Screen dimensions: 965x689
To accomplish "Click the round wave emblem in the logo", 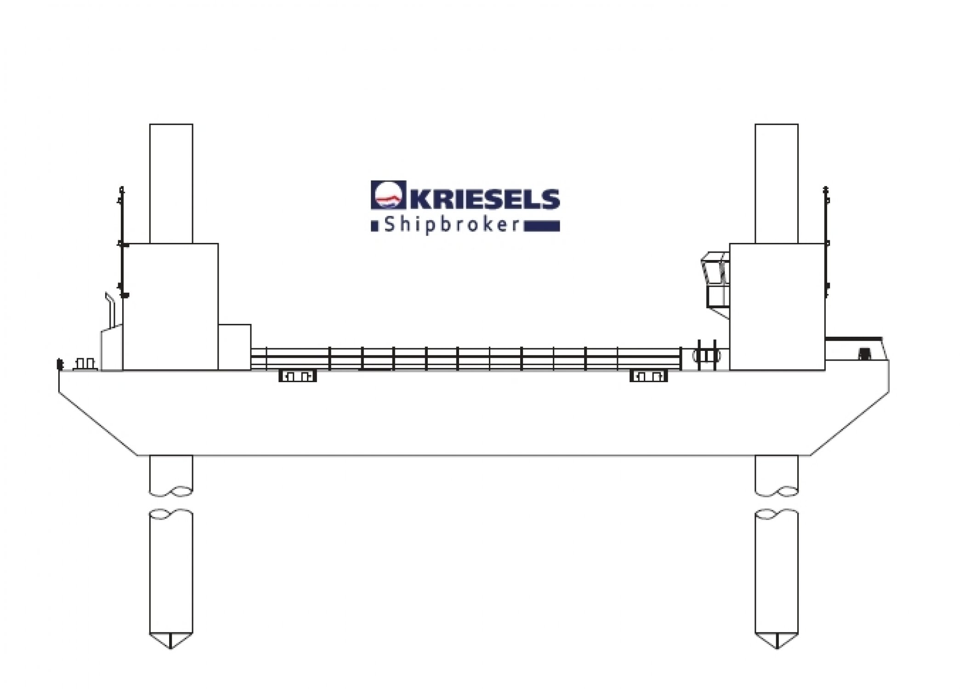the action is click(388, 195).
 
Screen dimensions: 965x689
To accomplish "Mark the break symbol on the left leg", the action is click(171, 503).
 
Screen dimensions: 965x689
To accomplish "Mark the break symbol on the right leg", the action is click(777, 503).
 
